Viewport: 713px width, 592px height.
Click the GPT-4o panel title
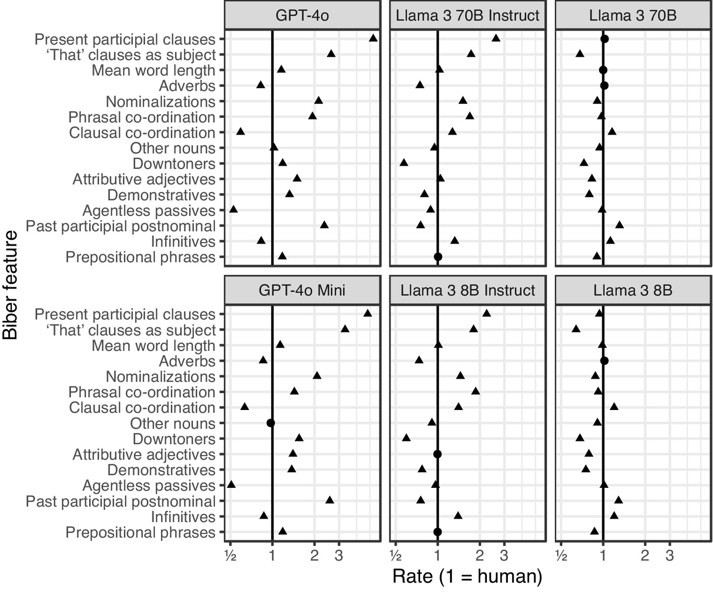pyautogui.click(x=302, y=15)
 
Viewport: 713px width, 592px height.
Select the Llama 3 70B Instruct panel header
pyautogui.click(x=467, y=15)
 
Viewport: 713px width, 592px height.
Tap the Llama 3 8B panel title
pyautogui.click(x=633, y=290)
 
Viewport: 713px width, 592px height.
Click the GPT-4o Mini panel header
pyautogui.click(x=302, y=290)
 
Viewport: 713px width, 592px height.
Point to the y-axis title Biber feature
pyautogui.click(x=10, y=285)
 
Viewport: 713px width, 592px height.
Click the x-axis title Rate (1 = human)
pyautogui.click(x=467, y=576)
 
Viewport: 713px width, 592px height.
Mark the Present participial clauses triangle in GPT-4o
pyautogui.click(x=373, y=38)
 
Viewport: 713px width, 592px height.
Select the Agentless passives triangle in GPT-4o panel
pyautogui.click(x=234, y=209)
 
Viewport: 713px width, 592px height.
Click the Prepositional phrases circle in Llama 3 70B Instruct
pyautogui.click(x=438, y=257)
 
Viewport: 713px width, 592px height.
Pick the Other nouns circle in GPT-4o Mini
pyautogui.click(x=270, y=423)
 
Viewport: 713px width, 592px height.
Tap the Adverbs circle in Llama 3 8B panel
pyautogui.click(x=604, y=361)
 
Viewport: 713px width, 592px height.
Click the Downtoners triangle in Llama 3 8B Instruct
pyautogui.click(x=406, y=437)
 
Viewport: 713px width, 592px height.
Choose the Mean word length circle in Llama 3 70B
pyautogui.click(x=603, y=70)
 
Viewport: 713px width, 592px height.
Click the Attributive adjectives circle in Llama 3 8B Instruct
pyautogui.click(x=437, y=454)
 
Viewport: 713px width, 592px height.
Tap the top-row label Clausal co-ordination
pyautogui.click(x=142, y=133)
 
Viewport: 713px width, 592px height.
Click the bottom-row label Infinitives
pyautogui.click(x=183, y=517)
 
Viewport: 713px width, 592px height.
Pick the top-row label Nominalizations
pyautogui.click(x=161, y=102)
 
